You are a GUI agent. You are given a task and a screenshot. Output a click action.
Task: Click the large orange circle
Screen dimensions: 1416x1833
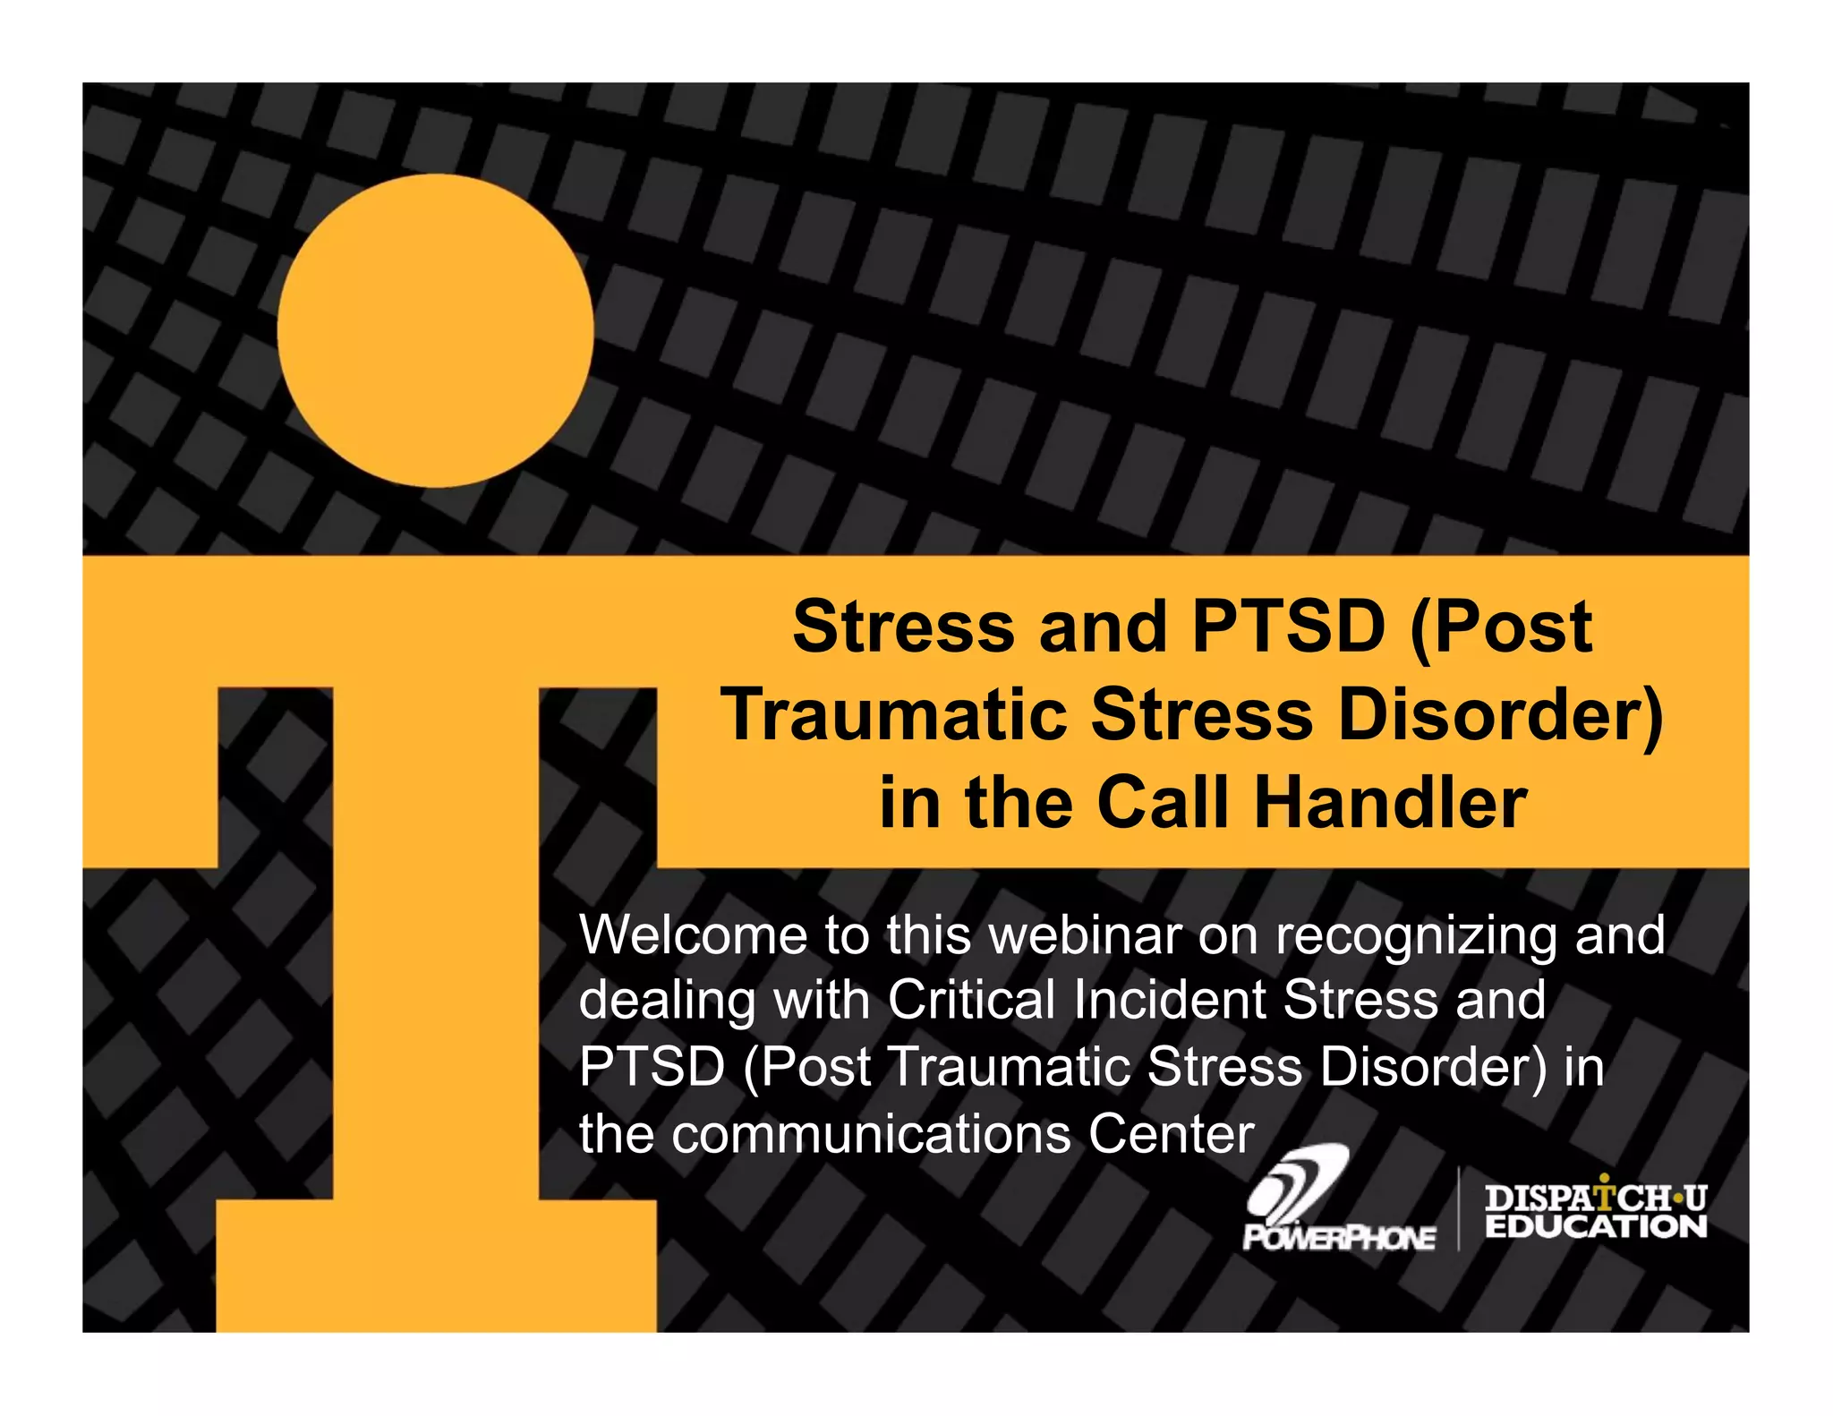tap(435, 330)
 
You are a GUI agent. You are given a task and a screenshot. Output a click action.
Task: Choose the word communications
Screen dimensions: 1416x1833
tap(872, 1134)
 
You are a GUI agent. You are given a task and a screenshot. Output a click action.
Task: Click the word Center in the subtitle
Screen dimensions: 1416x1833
tap(1172, 1134)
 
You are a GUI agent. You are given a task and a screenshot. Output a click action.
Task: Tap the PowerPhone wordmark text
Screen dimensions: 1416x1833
tap(1339, 1238)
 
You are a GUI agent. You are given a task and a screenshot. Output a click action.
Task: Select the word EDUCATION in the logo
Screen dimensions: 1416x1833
tap(1596, 1226)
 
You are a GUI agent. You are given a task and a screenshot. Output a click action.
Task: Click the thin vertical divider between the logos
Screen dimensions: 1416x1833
tap(1459, 1208)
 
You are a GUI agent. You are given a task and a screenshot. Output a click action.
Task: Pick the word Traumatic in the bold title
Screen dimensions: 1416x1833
tap(896, 715)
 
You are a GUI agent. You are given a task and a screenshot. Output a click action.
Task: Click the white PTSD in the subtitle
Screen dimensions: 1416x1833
tap(652, 1067)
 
